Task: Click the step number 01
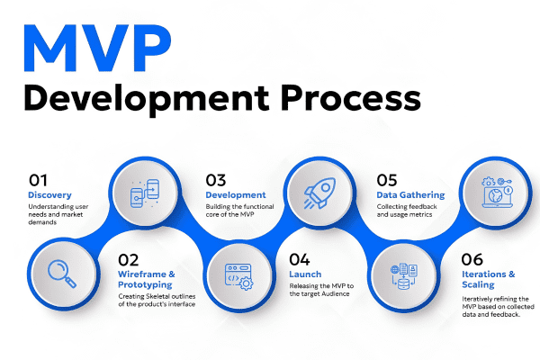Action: tap(39, 179)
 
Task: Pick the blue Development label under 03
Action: tap(236, 194)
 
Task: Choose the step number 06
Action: tap(473, 256)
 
